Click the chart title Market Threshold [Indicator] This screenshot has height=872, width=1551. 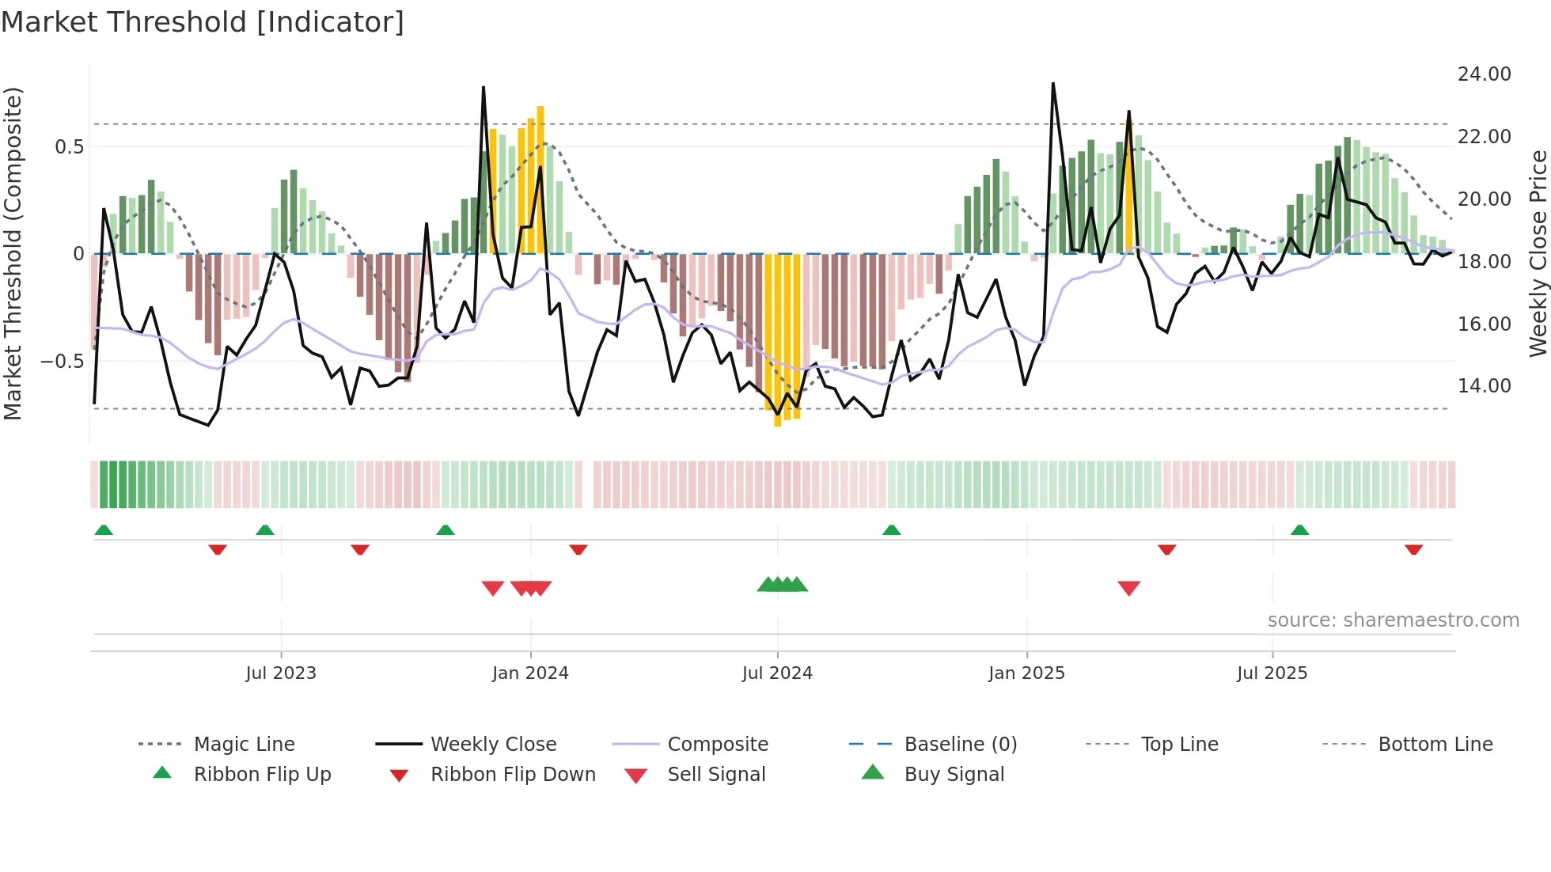pyautogui.click(x=203, y=22)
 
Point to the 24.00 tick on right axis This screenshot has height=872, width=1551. pyautogui.click(x=1484, y=74)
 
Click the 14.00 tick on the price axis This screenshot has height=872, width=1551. pyautogui.click(x=1484, y=386)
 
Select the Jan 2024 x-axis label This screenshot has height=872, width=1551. pyautogui.click(x=530, y=673)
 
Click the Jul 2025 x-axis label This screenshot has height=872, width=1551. pyautogui.click(x=1272, y=673)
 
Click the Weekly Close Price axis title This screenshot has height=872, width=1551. pyautogui.click(x=1538, y=253)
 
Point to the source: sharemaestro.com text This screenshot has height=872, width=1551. pyautogui.click(x=1393, y=620)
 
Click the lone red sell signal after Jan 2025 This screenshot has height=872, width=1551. pyautogui.click(x=1128, y=588)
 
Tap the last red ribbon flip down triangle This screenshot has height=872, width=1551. pyautogui.click(x=1413, y=549)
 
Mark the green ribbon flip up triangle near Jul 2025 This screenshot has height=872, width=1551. pyautogui.click(x=1299, y=530)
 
